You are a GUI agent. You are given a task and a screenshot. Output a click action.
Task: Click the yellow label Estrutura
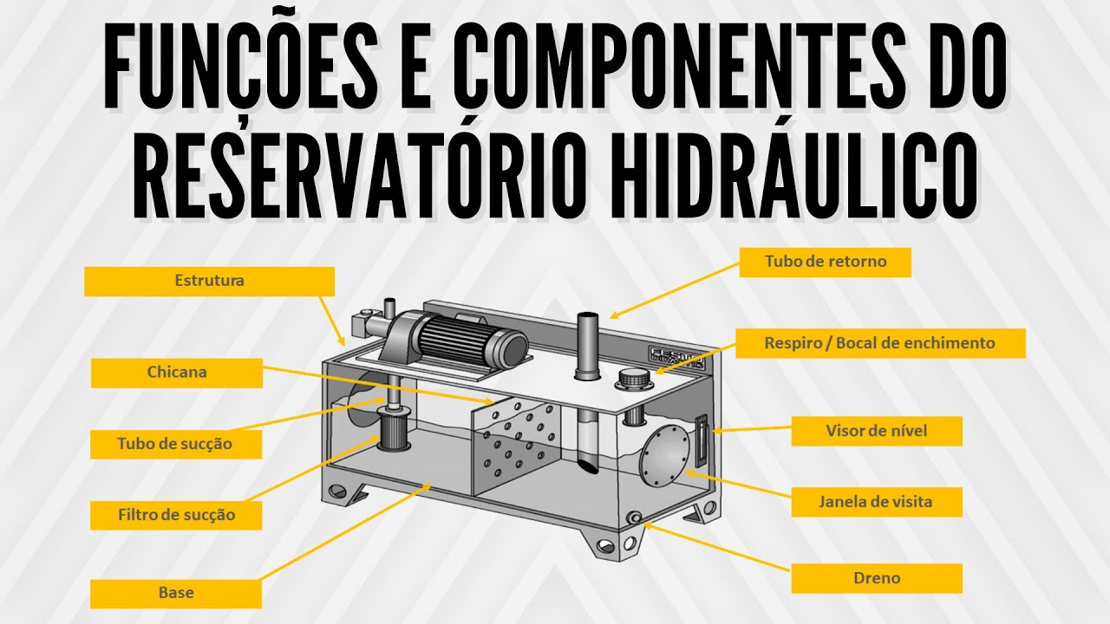209,281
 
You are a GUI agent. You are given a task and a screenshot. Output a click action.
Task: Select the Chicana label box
176,373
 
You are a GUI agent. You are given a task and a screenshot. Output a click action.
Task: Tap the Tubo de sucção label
176,444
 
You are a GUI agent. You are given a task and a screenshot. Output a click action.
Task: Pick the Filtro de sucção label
176,514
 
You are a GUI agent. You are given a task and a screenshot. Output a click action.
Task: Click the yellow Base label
176,594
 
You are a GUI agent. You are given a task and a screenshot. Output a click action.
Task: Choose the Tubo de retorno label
825,261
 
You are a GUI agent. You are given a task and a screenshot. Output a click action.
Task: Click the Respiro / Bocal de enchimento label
880,343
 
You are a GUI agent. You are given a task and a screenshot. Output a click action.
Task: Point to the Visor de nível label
876,431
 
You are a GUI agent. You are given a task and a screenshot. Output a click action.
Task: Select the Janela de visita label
876,501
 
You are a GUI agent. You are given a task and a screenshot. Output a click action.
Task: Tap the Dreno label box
876,578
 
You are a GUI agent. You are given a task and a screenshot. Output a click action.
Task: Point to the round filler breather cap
631,379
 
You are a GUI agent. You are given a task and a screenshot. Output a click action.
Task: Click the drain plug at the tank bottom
636,517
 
